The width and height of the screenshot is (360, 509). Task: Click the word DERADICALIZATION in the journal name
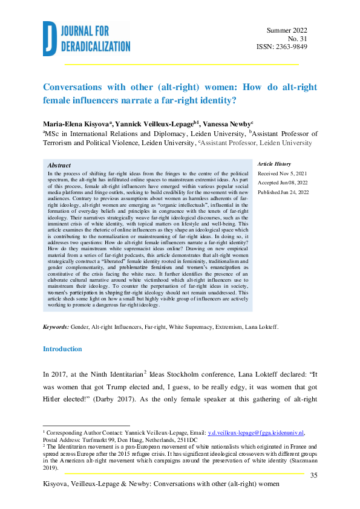95,46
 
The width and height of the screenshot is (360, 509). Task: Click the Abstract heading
59,165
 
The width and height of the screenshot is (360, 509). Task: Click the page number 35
313,476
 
